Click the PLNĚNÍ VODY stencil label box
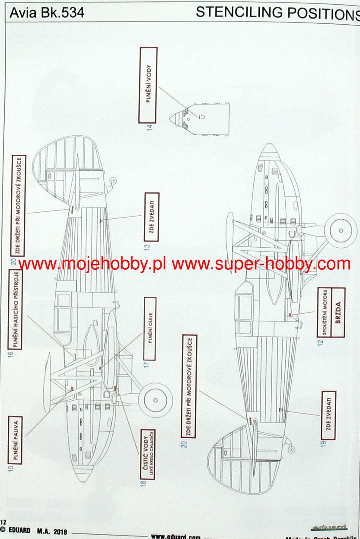coord(148,86)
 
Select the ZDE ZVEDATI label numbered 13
coord(151,217)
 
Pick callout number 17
coord(147,364)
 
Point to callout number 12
coord(320,344)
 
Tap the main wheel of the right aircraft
coord(341,231)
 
